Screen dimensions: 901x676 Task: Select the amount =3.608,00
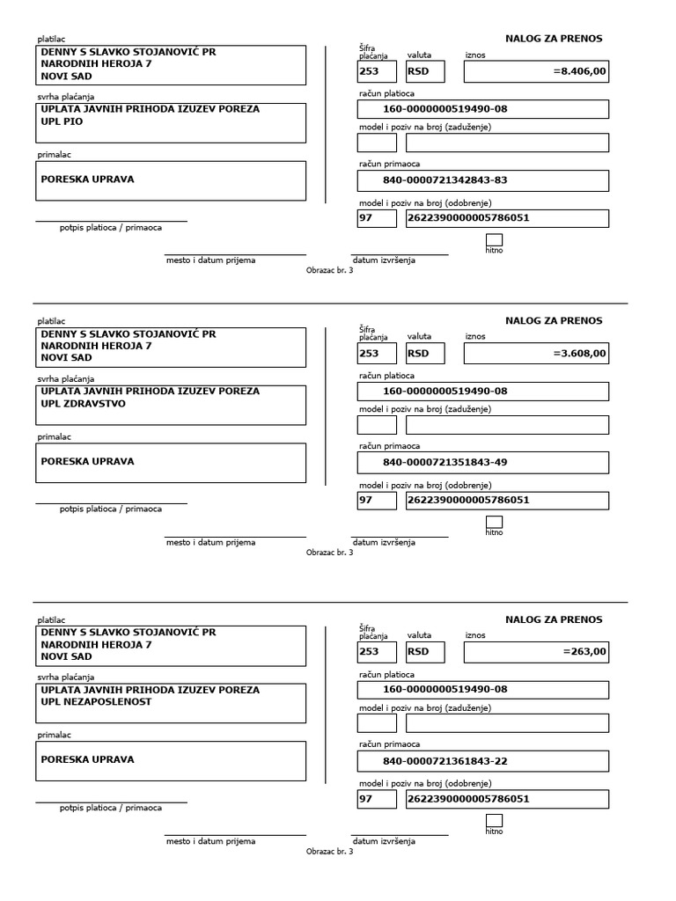tap(579, 354)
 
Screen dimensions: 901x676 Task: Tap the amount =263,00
tap(584, 652)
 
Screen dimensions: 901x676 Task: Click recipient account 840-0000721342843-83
tap(445, 180)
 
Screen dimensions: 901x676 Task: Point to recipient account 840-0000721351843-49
tap(445, 462)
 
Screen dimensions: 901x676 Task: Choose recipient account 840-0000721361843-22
tap(445, 760)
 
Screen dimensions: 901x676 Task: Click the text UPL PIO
tap(62, 122)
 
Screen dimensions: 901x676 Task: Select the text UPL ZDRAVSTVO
tap(84, 404)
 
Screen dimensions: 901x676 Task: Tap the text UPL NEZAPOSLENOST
tap(96, 702)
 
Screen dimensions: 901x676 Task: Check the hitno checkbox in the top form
tap(494, 239)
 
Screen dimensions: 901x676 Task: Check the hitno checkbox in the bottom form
tap(494, 820)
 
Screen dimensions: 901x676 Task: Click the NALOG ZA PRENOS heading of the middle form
tap(554, 320)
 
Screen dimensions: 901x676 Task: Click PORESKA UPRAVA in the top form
tap(88, 179)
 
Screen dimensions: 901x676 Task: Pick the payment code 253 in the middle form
tap(370, 354)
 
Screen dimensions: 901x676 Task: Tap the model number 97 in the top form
tap(366, 218)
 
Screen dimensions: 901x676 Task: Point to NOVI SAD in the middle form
tap(66, 358)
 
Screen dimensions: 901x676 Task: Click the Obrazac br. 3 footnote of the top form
tap(329, 270)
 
